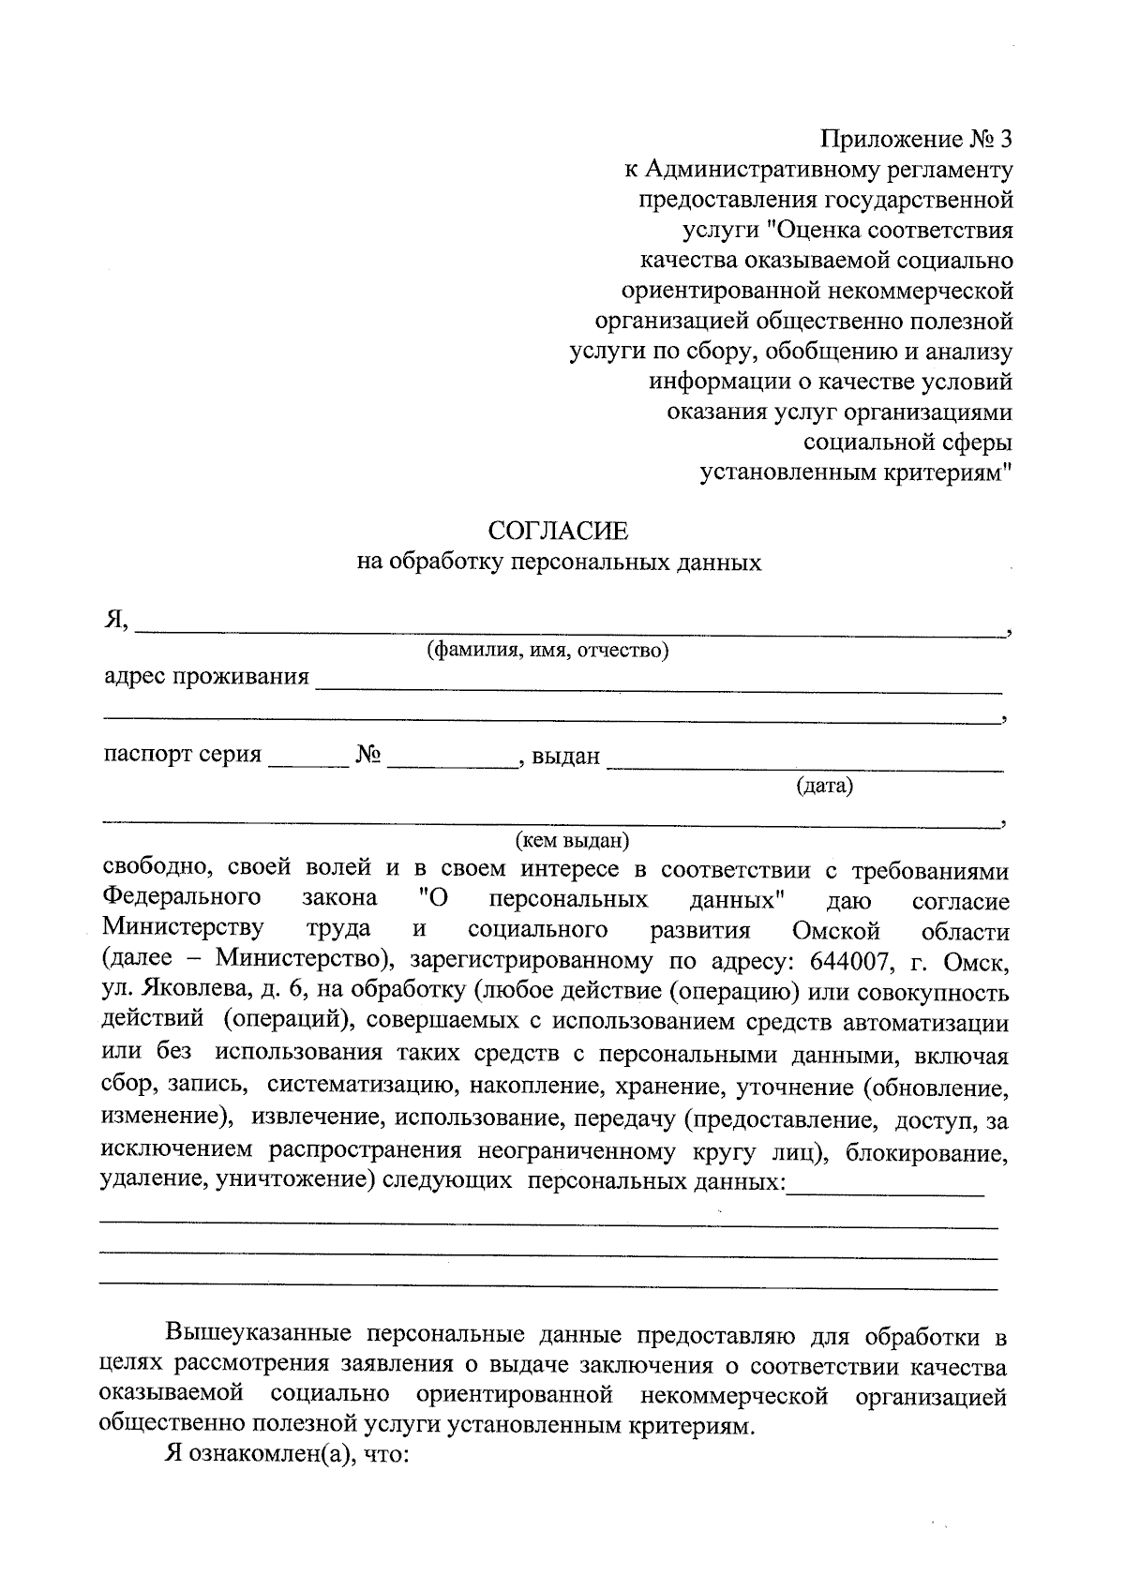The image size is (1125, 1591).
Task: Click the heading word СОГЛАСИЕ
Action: tap(559, 532)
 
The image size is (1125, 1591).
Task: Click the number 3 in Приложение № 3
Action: tap(1006, 140)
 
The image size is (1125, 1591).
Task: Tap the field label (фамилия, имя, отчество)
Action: tap(547, 651)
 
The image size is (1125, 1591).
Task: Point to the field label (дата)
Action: tap(824, 786)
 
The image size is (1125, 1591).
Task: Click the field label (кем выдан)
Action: tap(572, 840)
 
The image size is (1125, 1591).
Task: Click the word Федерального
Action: tap(181, 898)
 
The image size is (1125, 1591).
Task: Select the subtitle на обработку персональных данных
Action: tap(559, 563)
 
